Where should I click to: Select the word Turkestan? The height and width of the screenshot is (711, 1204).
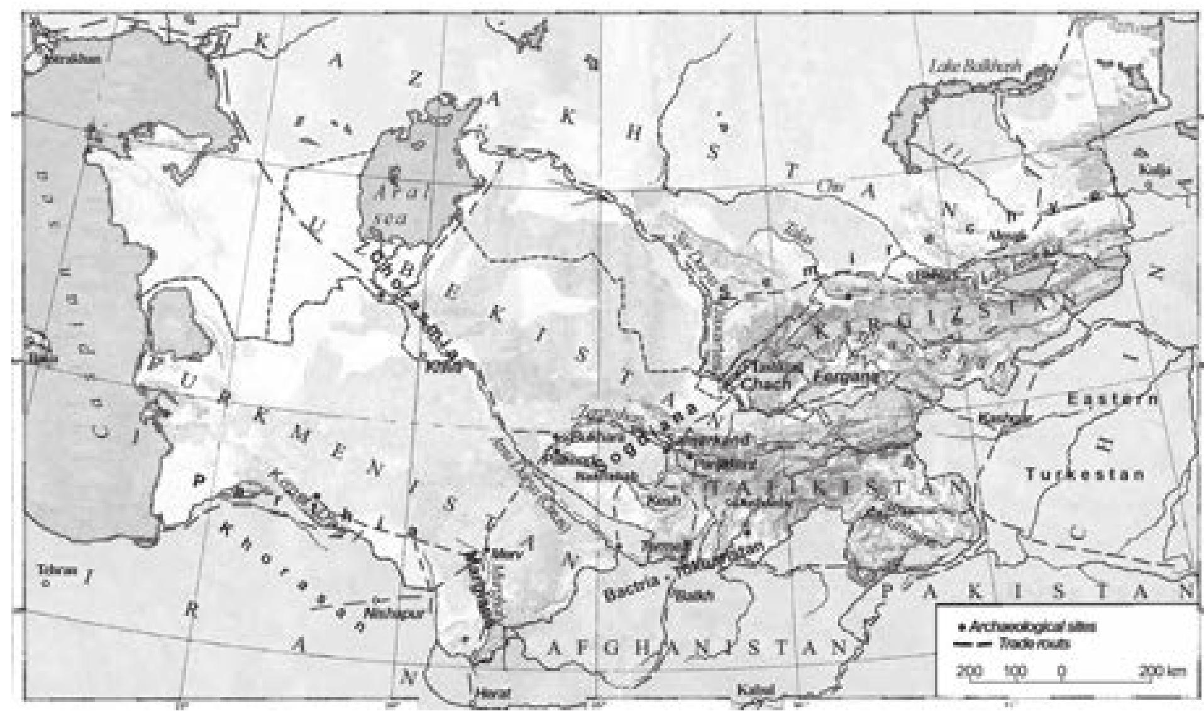click(1084, 475)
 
